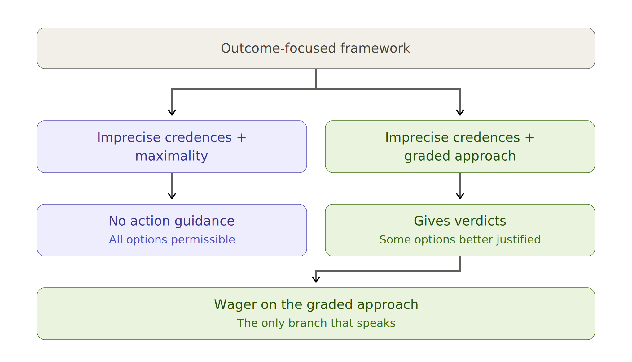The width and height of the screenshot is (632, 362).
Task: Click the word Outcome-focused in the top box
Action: coord(278,48)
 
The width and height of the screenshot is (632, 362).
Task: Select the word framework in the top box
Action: coord(375,48)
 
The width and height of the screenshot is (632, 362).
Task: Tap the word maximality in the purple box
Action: coord(172,156)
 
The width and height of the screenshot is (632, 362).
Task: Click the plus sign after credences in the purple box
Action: coord(242,138)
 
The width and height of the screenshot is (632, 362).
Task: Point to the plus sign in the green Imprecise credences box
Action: coord(530,138)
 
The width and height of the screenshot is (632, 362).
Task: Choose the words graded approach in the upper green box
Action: coord(460,156)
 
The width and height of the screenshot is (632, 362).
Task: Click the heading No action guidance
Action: coord(172,221)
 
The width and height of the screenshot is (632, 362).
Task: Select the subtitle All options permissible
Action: coord(172,239)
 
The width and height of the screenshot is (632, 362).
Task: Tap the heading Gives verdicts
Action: coord(460,221)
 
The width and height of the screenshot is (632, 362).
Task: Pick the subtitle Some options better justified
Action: coord(460,240)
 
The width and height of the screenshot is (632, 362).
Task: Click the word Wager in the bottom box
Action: coord(235,305)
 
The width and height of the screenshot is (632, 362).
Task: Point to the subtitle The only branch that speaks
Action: coord(316,323)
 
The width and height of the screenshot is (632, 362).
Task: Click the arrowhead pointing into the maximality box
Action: coord(172,113)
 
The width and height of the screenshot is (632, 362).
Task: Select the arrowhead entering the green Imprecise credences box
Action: coord(460,113)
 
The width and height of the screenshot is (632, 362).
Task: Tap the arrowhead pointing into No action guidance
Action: coord(172,196)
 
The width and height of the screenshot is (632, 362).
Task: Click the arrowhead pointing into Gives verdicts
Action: coord(460,196)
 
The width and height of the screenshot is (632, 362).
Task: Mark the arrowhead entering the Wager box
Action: coord(316,280)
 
